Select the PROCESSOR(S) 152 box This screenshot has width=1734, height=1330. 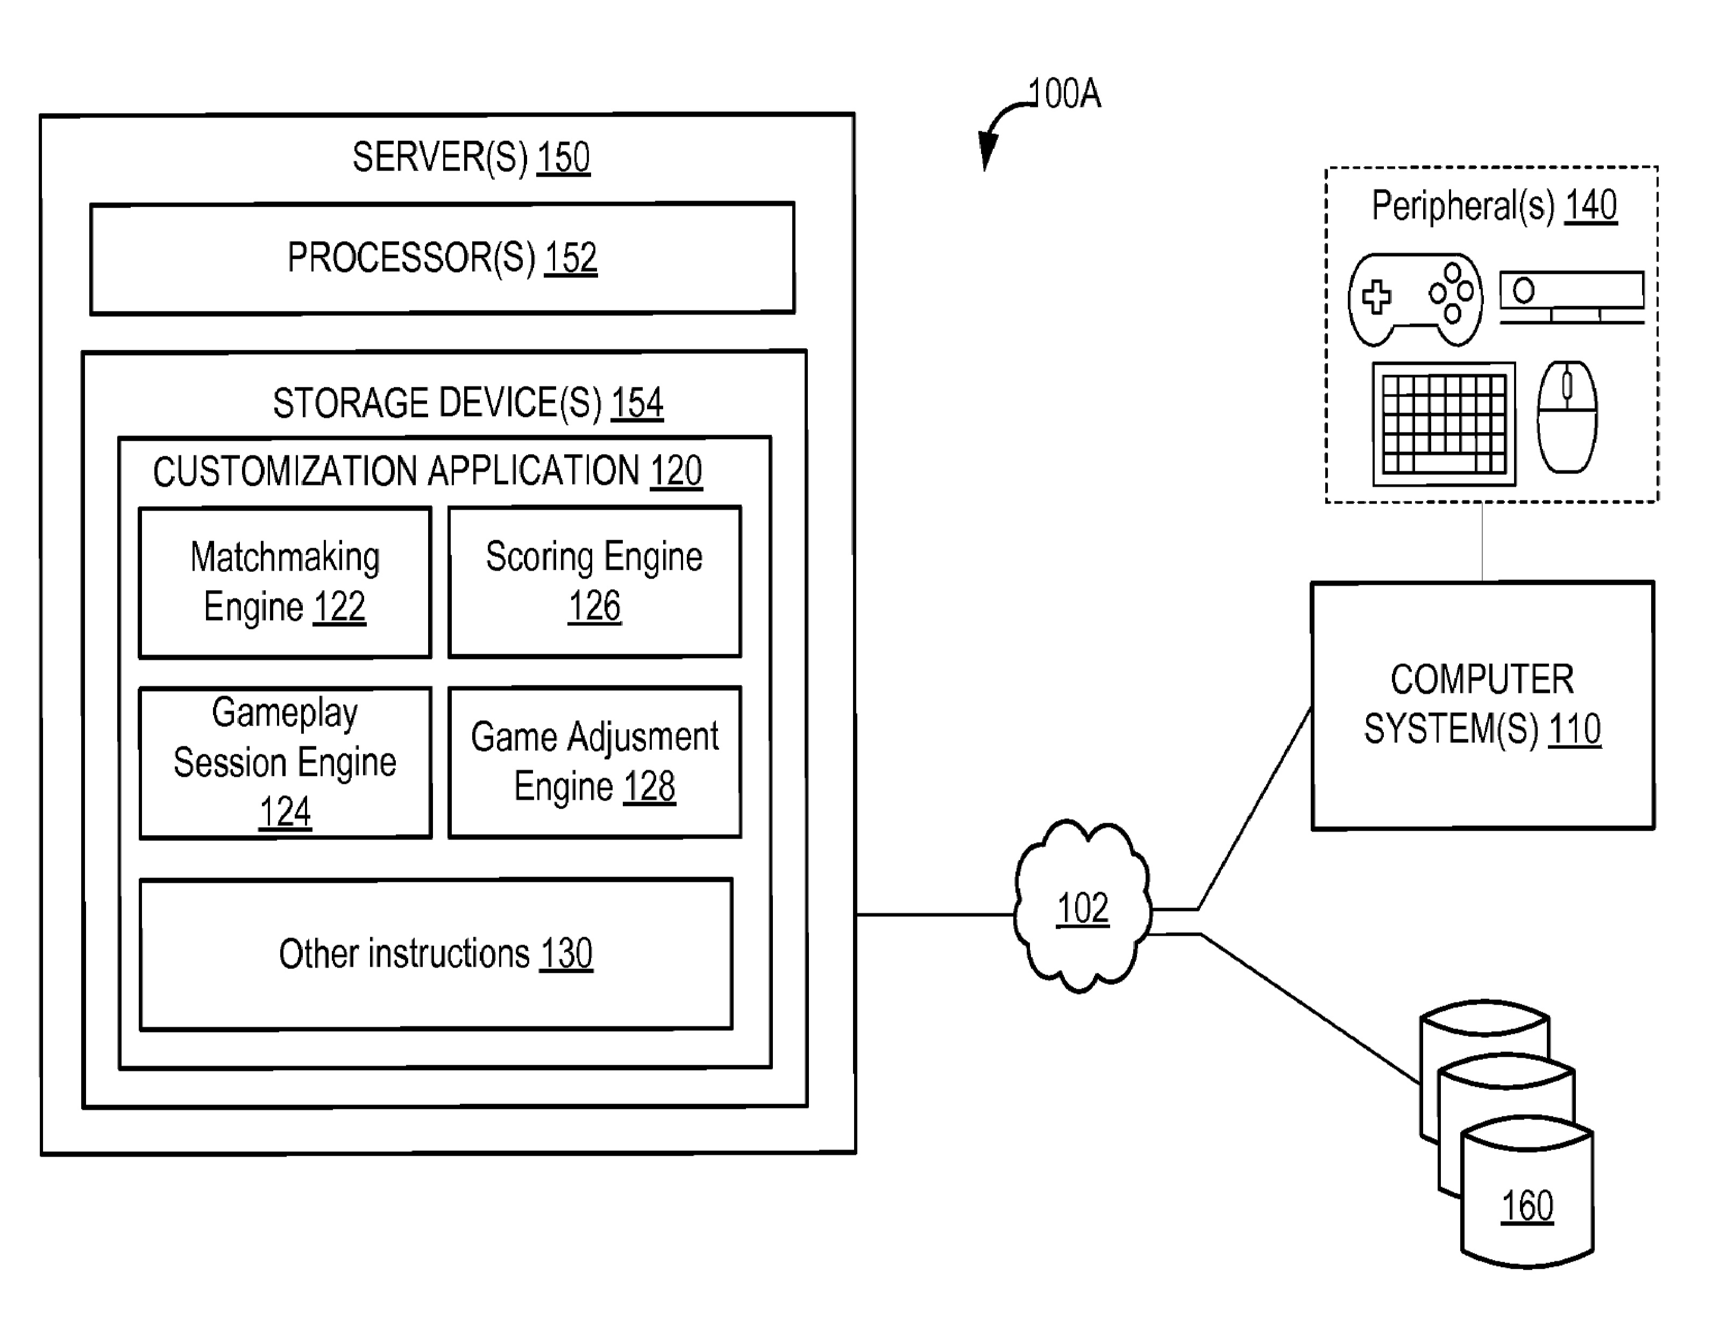pyautogui.click(x=442, y=258)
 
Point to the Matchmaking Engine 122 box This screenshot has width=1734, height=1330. pyautogui.click(x=285, y=582)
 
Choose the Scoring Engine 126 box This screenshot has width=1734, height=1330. pyautogui.click(x=594, y=582)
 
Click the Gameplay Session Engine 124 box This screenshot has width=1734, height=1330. pyautogui.click(x=285, y=762)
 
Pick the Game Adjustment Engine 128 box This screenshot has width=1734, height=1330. pyautogui.click(x=594, y=762)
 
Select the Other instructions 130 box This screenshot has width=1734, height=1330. pyautogui.click(x=435, y=953)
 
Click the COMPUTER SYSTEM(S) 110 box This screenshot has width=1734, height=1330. pyautogui.click(x=1482, y=705)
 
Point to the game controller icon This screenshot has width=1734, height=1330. pyautogui.click(x=1415, y=299)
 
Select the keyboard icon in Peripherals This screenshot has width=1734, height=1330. pyautogui.click(x=1444, y=423)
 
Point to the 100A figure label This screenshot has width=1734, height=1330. pyautogui.click(x=1064, y=94)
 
